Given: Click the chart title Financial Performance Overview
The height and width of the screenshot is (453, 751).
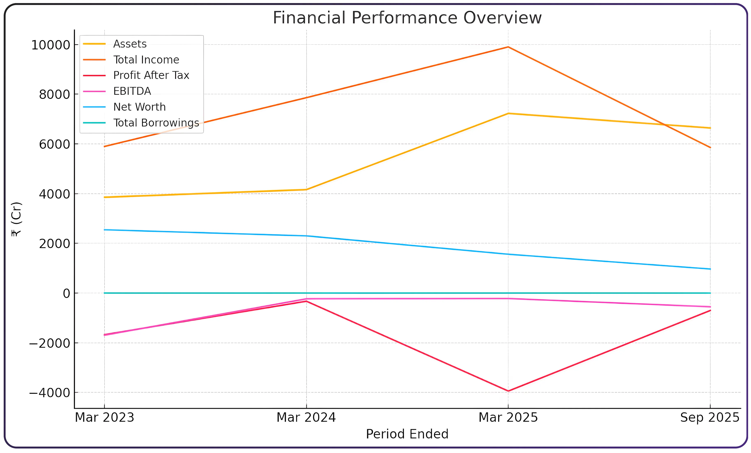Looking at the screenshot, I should pyautogui.click(x=407, y=18).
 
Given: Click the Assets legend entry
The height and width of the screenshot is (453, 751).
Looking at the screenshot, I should pyautogui.click(x=130, y=44).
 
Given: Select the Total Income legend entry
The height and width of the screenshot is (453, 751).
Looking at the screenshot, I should pyautogui.click(x=146, y=60).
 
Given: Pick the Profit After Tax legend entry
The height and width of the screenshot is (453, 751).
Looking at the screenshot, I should pyautogui.click(x=151, y=75).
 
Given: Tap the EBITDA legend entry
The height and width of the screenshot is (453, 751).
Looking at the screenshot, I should pyautogui.click(x=132, y=91).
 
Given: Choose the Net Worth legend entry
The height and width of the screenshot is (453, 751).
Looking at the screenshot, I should pyautogui.click(x=139, y=107).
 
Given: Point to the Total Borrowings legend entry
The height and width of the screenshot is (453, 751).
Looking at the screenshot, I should pyautogui.click(x=156, y=123).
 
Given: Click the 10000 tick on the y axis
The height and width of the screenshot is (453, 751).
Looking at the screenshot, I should pyautogui.click(x=51, y=45).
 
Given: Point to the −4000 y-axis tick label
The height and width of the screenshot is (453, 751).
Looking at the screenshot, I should pyautogui.click(x=49, y=393).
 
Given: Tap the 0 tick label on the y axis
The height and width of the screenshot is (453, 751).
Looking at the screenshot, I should pyautogui.click(x=67, y=293).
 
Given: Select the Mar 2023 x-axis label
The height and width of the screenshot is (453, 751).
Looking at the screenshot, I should pyautogui.click(x=105, y=417).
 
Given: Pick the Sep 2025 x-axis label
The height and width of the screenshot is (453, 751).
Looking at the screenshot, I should pyautogui.click(x=710, y=417).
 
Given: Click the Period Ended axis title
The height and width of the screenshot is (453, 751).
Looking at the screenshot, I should pyautogui.click(x=407, y=434).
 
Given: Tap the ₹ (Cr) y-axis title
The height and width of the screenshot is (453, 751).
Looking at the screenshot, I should pyautogui.click(x=16, y=219).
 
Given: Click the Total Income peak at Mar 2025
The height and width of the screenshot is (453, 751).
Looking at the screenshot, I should pyautogui.click(x=508, y=47).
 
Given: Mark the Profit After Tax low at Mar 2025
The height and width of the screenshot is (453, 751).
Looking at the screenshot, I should pyautogui.click(x=508, y=391).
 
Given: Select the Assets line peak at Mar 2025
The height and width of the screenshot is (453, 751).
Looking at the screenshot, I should pyautogui.click(x=508, y=113).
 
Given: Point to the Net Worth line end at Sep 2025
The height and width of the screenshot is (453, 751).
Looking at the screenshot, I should pyautogui.click(x=710, y=269).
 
